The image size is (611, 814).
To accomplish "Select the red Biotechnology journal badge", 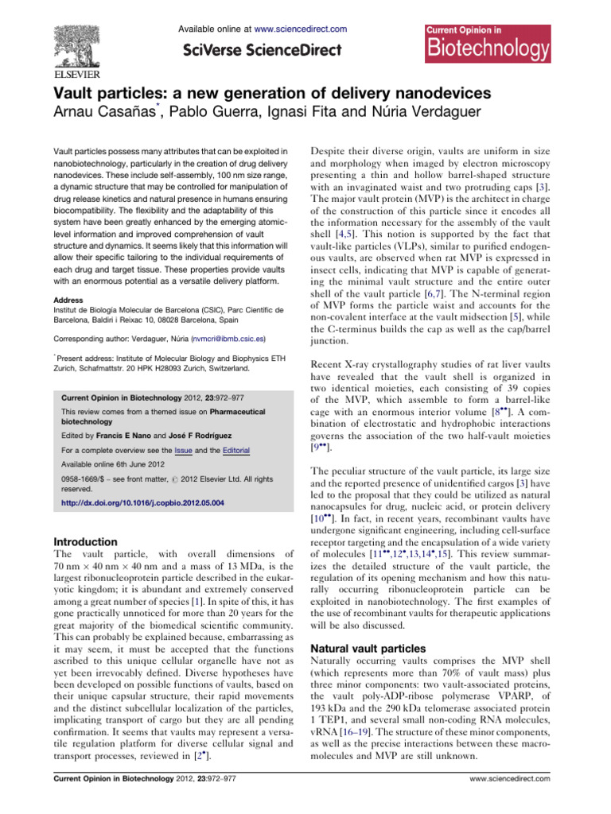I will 485,44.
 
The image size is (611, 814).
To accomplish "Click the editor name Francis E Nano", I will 135,436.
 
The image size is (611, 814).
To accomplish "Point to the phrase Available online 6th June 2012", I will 115,465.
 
